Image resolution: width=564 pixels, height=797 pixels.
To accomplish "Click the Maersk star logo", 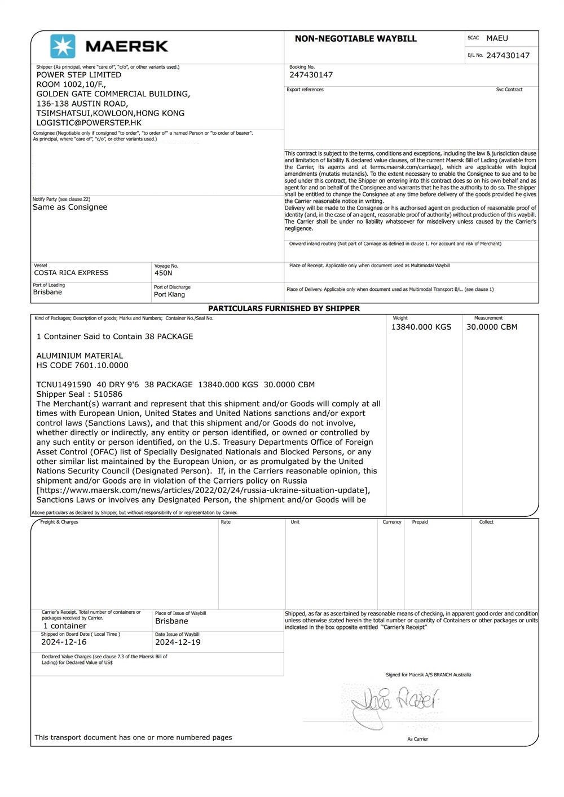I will click(x=63, y=46).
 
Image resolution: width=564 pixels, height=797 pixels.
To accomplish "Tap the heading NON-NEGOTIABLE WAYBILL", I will click(x=355, y=39).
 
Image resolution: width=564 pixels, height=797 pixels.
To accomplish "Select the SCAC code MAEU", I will click(x=497, y=38).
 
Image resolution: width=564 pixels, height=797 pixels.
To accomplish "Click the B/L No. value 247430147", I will click(x=508, y=55).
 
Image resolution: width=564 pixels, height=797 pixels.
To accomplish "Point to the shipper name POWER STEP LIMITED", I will click(x=79, y=75).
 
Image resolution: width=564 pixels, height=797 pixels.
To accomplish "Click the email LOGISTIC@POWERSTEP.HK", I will click(x=89, y=122).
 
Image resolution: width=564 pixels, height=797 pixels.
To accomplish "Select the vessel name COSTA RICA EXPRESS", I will click(x=71, y=273).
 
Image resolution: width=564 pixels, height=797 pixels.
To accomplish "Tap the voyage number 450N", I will click(x=163, y=273).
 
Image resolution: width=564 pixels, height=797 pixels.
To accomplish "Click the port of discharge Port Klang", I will click(x=169, y=295).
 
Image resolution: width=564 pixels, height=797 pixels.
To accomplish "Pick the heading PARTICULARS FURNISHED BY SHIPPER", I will click(x=284, y=309).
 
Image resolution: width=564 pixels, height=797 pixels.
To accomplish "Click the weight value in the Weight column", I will click(x=421, y=327).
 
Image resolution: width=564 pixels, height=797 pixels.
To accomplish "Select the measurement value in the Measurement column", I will click(x=491, y=327).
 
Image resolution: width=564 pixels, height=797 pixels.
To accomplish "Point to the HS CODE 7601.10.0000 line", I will click(x=82, y=365).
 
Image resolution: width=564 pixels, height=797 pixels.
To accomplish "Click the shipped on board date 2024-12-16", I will click(x=64, y=642).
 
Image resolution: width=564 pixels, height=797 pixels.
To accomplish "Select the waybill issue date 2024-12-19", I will click(x=178, y=642).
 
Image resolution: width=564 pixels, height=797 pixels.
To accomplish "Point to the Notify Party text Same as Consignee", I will click(x=70, y=207).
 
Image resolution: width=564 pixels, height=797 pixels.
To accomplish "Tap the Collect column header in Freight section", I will click(x=486, y=522).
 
